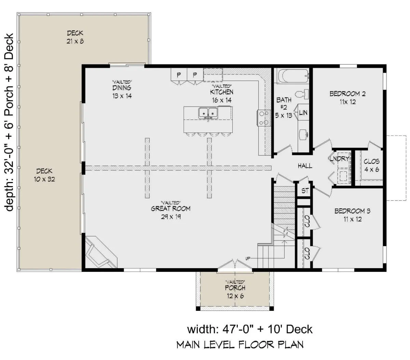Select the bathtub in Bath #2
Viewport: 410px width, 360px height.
point(293,76)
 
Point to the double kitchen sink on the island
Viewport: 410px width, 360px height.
point(208,112)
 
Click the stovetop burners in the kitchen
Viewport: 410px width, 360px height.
point(264,118)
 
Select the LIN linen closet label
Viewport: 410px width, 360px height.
point(303,113)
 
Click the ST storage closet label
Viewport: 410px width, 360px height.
point(305,191)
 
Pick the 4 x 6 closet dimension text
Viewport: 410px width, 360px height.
point(371,169)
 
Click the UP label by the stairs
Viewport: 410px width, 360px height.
point(248,259)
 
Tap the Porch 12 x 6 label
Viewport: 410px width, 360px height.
point(235,291)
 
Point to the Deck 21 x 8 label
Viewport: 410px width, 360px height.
point(75,37)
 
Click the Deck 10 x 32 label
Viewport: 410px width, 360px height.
point(44,175)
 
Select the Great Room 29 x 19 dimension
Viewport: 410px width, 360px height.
point(171,217)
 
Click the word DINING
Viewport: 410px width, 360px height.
point(122,88)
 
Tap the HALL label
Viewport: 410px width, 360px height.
point(305,166)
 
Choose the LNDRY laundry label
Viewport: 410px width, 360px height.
point(340,158)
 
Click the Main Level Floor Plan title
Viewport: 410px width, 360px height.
point(240,345)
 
